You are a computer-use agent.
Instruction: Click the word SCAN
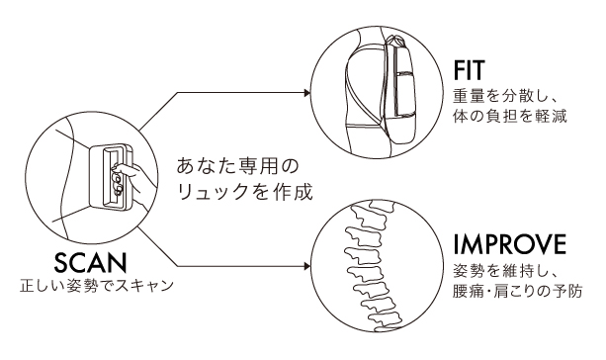pos(90,262)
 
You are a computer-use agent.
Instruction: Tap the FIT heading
pos(469,70)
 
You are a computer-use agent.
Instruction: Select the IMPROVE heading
pos(510,244)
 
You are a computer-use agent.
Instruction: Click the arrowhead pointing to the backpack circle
pos(307,93)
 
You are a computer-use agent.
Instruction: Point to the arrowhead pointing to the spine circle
pos(307,266)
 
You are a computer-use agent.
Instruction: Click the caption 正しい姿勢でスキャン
pos(97,286)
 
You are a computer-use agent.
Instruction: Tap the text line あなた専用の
pos(238,165)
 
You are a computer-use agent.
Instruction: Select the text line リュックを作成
pos(244,191)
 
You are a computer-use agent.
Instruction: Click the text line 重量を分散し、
pos(504,97)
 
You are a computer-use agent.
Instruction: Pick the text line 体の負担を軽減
pos(510,116)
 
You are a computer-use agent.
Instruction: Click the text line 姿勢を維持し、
pos(504,272)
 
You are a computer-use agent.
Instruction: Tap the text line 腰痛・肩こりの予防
pos(517,291)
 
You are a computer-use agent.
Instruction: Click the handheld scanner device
pos(112,176)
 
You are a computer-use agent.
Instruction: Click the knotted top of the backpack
pos(395,40)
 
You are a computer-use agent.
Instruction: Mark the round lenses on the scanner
pos(117,183)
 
